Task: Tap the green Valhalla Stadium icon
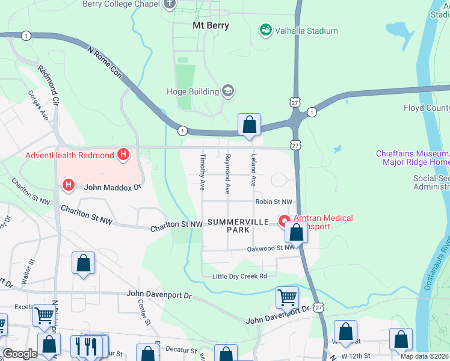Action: tap(265, 30)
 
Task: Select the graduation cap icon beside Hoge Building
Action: tap(228, 91)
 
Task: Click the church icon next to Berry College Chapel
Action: tap(170, 4)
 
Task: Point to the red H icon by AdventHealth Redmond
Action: tap(123, 155)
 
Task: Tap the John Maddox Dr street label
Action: tap(112, 187)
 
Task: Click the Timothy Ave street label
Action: tap(203, 172)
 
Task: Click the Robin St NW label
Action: tap(274, 202)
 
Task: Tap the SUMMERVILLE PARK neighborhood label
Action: tap(228, 226)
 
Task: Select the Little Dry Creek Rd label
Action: tap(239, 276)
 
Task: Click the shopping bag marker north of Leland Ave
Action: tap(249, 125)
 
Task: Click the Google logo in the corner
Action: tap(20, 354)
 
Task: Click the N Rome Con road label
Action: tap(105, 64)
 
